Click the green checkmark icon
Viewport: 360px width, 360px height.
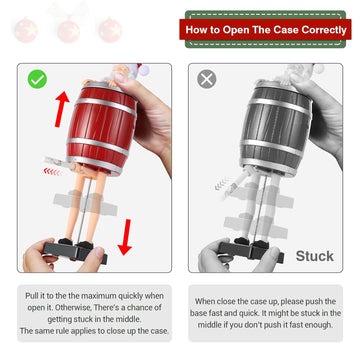pyautogui.click(x=37, y=77)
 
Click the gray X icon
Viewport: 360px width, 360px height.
pyautogui.click(x=208, y=78)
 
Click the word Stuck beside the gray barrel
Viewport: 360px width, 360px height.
pyautogui.click(x=314, y=256)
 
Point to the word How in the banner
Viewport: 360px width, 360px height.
pyautogui.click(x=198, y=30)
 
